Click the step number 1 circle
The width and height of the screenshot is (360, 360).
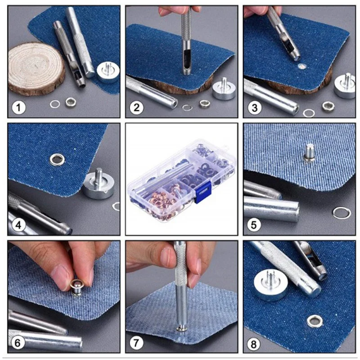coord(18,107)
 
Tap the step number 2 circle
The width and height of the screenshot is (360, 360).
coord(136,107)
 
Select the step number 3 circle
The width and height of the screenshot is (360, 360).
coord(254,108)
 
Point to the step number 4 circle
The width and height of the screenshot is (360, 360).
coord(18,225)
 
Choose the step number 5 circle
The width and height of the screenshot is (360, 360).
coord(254,225)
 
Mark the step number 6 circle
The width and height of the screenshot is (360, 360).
coord(18,343)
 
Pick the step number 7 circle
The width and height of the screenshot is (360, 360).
coord(136,343)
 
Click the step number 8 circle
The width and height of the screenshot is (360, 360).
coord(253,344)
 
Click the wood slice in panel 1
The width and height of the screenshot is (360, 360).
coord(36,68)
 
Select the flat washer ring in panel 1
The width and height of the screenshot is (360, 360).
coord(55,104)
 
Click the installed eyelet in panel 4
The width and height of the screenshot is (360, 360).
coord(56,159)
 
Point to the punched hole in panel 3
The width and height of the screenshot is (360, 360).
coord(301,67)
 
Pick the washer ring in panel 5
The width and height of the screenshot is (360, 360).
coord(342,213)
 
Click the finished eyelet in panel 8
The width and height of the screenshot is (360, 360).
coord(315,321)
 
